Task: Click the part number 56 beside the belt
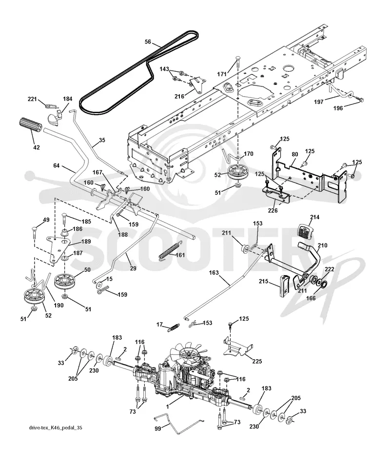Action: (x=148, y=42)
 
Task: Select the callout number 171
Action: (x=222, y=74)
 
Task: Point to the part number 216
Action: (x=179, y=97)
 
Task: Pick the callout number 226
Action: (x=273, y=210)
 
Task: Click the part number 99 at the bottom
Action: (x=157, y=429)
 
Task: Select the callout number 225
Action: (x=257, y=361)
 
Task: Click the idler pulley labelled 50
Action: (x=64, y=281)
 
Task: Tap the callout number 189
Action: (x=86, y=242)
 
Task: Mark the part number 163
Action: (x=214, y=273)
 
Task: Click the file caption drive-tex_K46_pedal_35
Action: (x=56, y=428)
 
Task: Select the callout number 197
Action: (x=318, y=102)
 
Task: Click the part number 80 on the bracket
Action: (x=295, y=154)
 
